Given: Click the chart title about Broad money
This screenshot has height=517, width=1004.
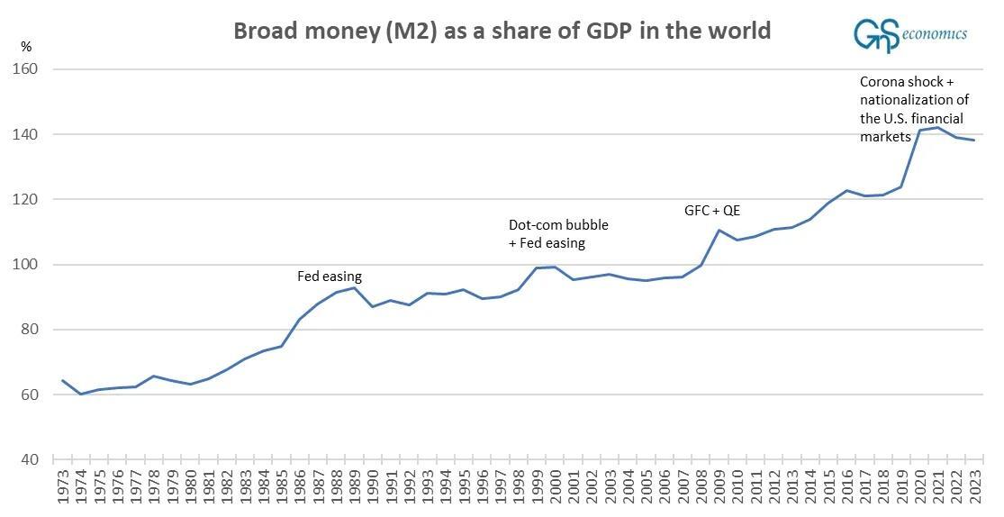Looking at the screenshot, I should [502, 31].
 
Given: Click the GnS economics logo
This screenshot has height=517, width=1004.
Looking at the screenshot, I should [909, 32].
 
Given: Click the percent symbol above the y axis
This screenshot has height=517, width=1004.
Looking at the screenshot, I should [26, 45].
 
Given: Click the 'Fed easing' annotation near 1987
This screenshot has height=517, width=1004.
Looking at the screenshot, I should [330, 277].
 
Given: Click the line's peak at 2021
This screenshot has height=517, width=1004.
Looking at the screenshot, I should [937, 127].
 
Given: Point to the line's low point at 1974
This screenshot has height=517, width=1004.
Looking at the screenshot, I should [80, 394].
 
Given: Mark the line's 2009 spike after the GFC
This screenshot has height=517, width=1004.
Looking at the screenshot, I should [719, 230].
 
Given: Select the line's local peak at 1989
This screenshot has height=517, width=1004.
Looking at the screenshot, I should [354, 287].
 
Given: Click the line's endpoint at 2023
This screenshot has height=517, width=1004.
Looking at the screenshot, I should [974, 140].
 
